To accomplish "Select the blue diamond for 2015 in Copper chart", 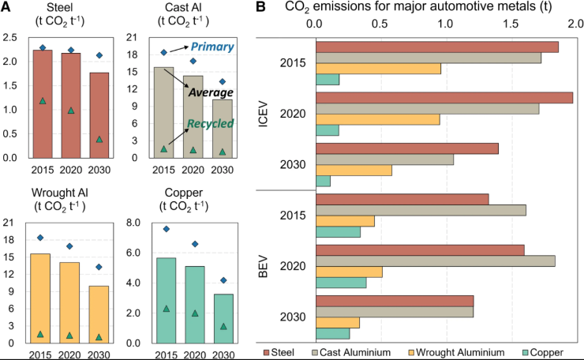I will [x=166, y=229].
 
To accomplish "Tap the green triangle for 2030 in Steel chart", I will [x=99, y=139].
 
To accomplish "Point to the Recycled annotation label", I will [x=211, y=125].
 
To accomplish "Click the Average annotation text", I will [x=211, y=92].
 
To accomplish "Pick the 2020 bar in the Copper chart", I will [x=195, y=304].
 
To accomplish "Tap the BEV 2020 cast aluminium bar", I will [x=435, y=261].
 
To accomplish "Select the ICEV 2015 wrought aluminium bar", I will [x=378, y=69].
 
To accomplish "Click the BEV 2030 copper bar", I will [x=332, y=333].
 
